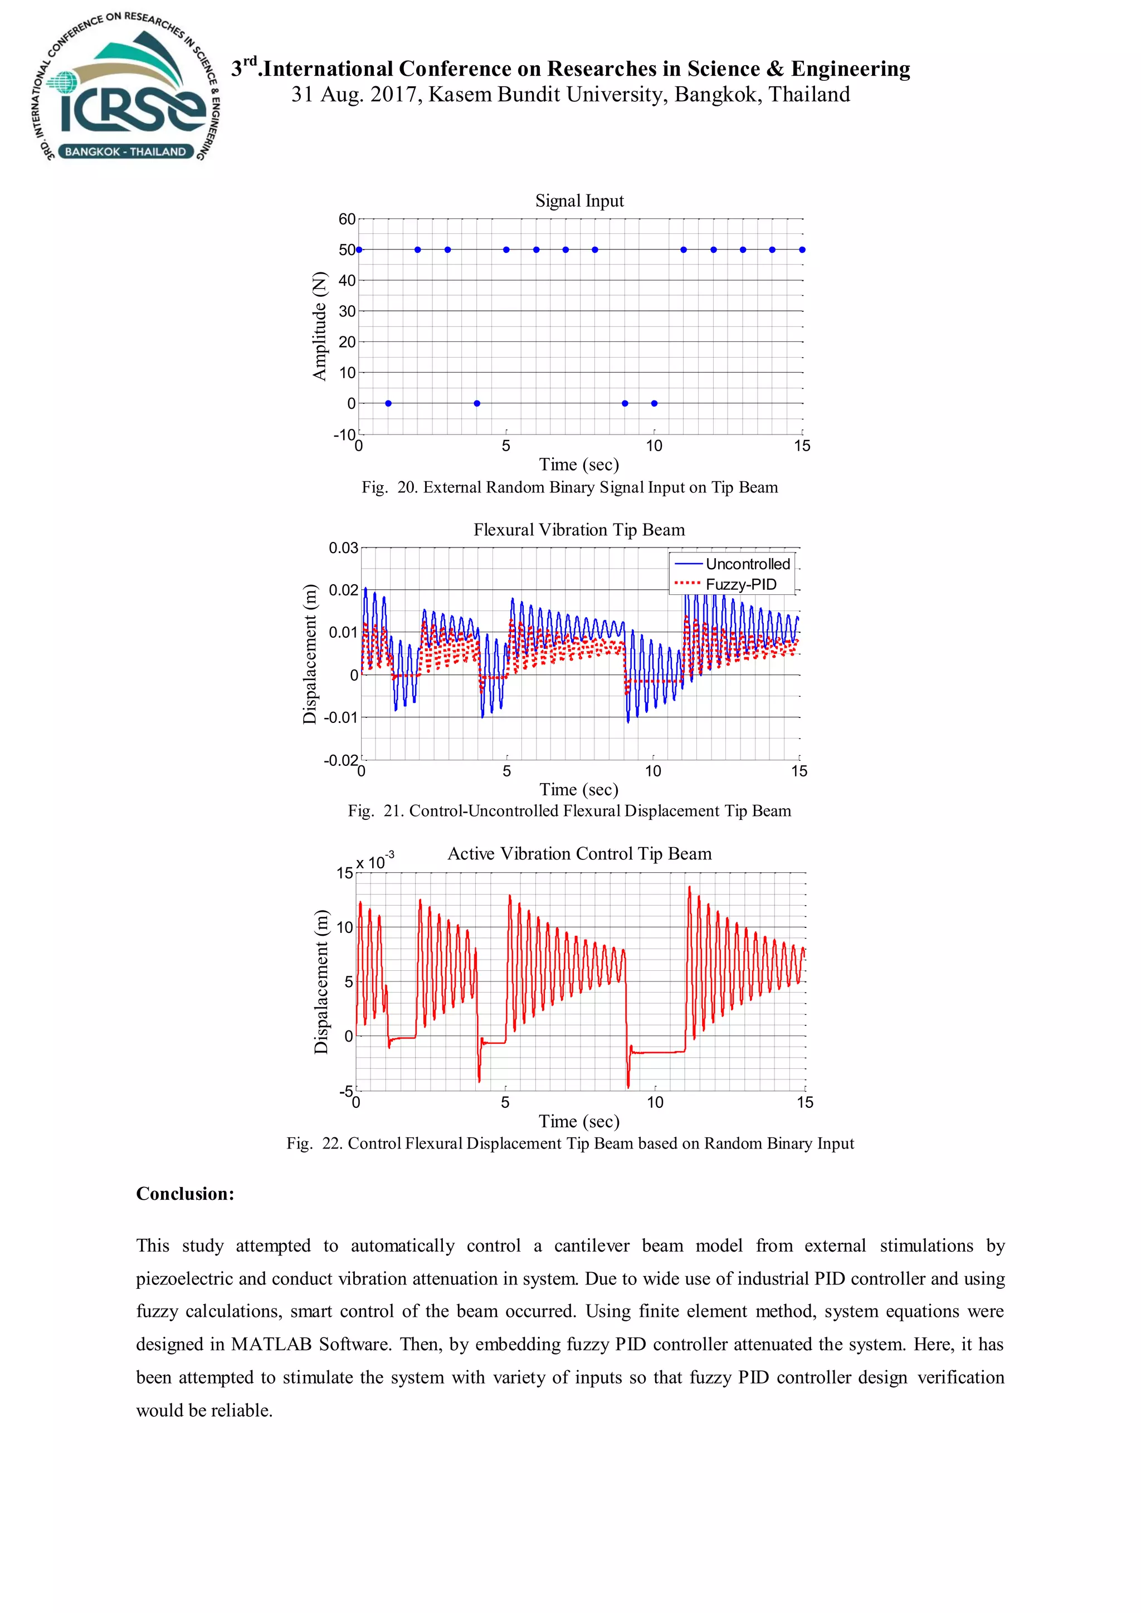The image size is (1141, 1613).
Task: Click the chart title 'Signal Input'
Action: point(579,201)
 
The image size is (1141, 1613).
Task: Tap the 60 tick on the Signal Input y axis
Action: point(347,219)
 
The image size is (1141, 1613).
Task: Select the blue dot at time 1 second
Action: point(388,403)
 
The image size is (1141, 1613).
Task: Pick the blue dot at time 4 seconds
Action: point(477,403)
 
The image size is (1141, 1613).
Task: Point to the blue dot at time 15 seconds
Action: point(802,250)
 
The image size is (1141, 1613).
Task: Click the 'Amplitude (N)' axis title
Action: point(320,326)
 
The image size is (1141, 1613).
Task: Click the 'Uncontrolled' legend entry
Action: point(748,564)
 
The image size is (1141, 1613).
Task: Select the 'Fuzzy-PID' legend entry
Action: point(740,584)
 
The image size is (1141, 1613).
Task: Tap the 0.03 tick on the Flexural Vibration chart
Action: point(344,548)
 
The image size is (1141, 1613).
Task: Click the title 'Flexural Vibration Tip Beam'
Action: point(579,530)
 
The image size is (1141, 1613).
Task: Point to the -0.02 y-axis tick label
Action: point(342,760)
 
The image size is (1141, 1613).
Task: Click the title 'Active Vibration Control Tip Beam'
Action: point(579,854)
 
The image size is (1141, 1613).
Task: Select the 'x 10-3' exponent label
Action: point(374,861)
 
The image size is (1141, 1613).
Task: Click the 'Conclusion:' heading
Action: point(186,1194)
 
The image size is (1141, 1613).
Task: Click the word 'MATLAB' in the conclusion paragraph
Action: point(271,1345)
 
